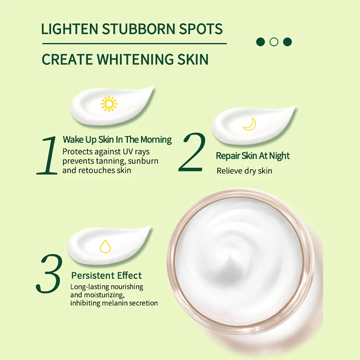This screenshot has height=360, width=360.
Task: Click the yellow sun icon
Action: pos(109,103)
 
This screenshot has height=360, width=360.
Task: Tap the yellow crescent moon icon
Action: pos(249,124)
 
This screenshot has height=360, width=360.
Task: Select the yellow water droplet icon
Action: pos(105,246)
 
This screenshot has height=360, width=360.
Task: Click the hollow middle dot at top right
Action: pos(274,42)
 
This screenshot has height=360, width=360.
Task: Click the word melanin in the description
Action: pos(114,303)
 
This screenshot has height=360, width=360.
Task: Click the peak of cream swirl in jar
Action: pos(234,252)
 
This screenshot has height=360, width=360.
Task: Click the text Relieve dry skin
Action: pos(244,171)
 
